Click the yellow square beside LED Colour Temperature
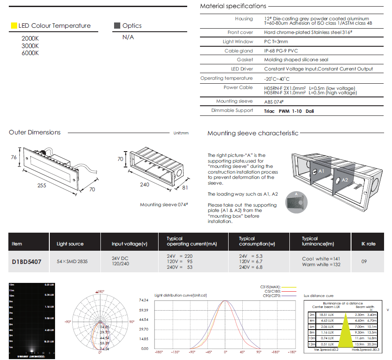click(x=14, y=26)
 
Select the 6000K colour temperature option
click(x=30, y=53)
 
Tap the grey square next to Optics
click(x=117, y=26)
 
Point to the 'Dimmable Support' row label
click(x=232, y=110)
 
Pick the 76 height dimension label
click(x=14, y=157)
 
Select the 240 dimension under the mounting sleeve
click(x=144, y=185)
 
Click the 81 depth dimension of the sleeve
click(x=185, y=187)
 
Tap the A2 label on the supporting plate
click(x=345, y=180)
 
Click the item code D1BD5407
click(x=26, y=262)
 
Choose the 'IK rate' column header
click(x=368, y=244)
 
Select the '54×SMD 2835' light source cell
click(x=72, y=262)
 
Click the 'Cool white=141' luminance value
click(x=321, y=259)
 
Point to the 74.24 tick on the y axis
click(x=144, y=301)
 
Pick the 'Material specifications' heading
click(x=233, y=6)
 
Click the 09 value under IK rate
click(x=364, y=262)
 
